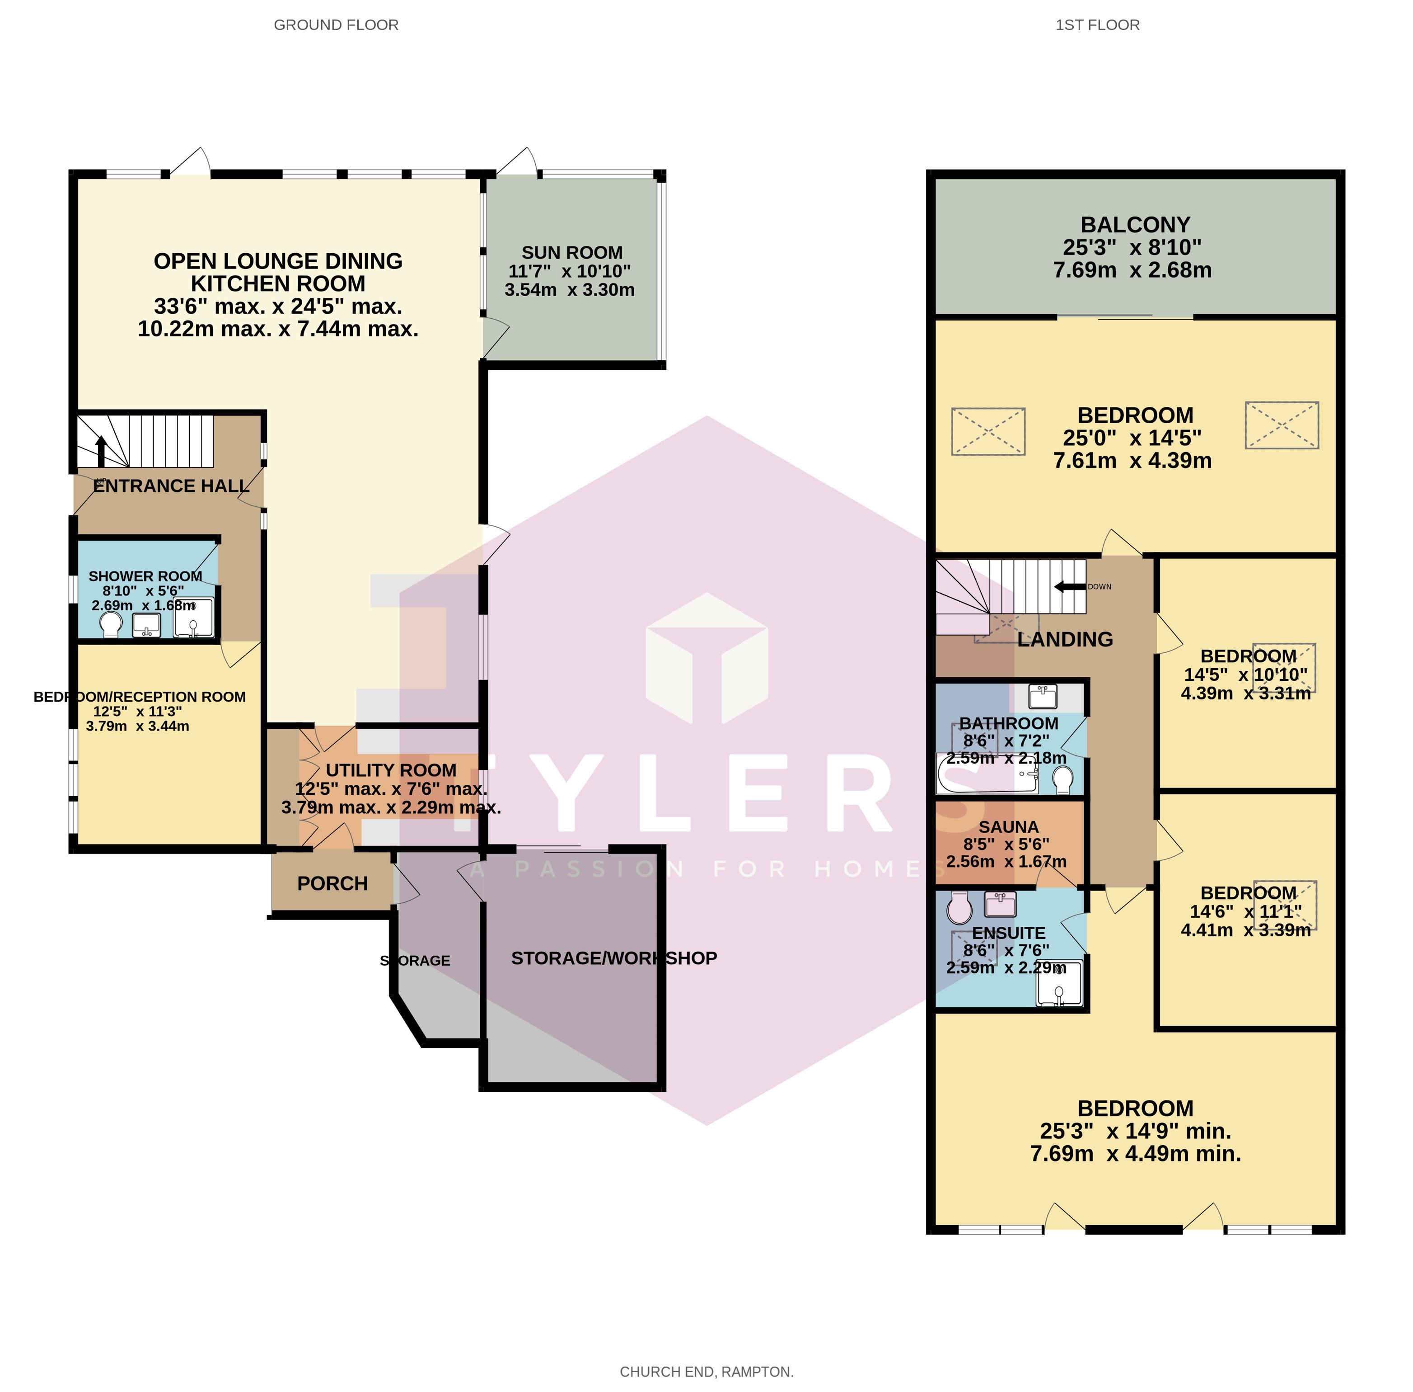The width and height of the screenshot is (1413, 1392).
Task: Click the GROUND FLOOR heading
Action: pos(336,25)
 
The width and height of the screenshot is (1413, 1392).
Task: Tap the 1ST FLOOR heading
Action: pos(1097,25)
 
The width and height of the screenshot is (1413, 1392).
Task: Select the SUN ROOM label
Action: pos(572,252)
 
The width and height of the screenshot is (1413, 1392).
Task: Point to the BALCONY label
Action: pos(1135,224)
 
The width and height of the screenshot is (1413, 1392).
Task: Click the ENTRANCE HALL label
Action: pos(172,486)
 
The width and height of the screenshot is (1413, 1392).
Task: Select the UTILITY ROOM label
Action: pos(391,770)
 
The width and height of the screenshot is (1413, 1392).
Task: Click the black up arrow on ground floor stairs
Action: pos(101,451)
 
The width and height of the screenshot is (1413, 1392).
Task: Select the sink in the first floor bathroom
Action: pos(1043,696)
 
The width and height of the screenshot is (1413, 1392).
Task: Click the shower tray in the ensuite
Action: pos(1059,982)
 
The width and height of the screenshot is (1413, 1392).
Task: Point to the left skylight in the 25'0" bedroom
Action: pos(988,431)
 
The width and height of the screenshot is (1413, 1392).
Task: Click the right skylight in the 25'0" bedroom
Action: pos(1282,425)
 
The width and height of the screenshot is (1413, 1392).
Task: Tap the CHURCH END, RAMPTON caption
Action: pos(706,1372)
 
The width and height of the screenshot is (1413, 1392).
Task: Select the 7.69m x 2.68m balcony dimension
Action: pos(1132,270)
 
